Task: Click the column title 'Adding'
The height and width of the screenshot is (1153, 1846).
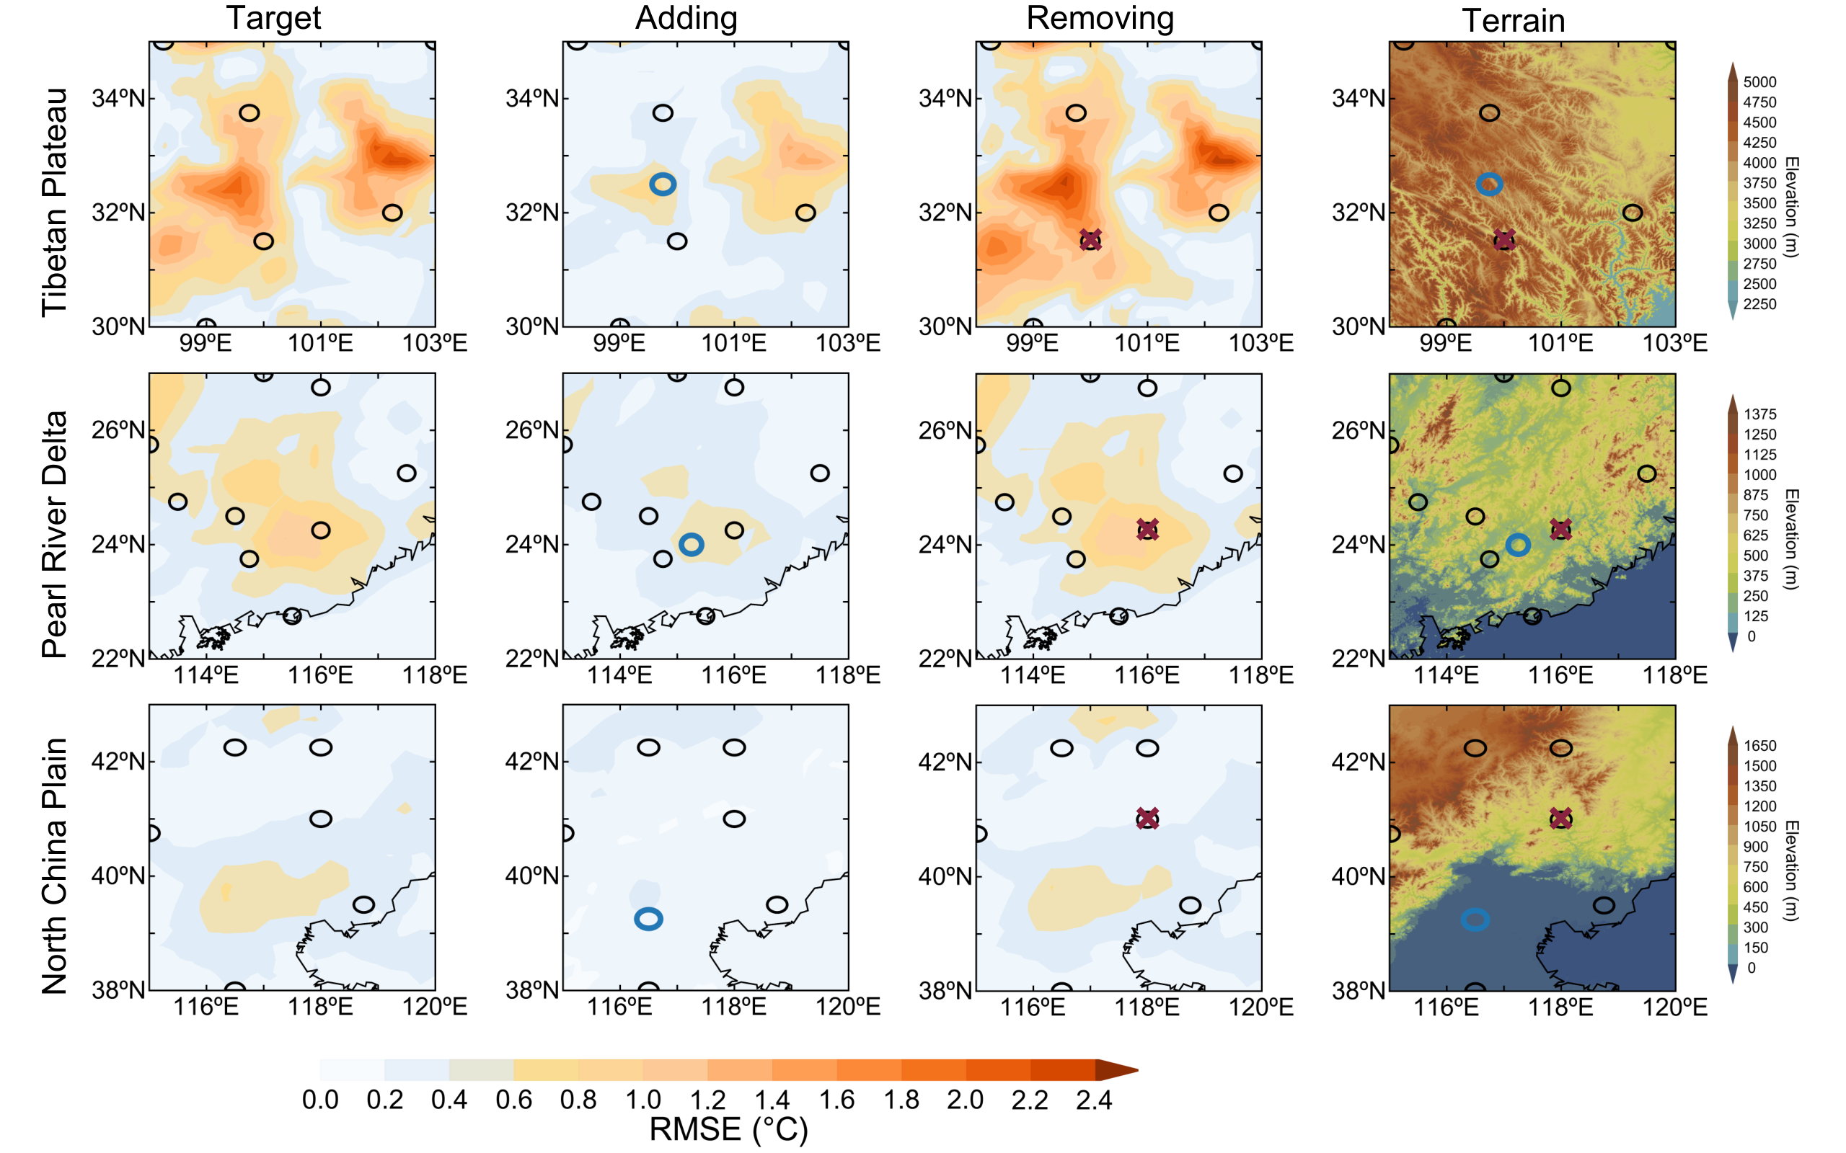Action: [x=686, y=18]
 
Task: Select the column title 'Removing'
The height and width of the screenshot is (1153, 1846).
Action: [x=1099, y=18]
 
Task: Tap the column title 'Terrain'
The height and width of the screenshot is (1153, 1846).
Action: [x=1513, y=21]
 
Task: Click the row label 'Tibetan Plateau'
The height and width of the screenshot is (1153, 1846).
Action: [x=55, y=202]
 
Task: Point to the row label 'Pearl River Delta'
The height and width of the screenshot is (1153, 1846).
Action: [x=55, y=534]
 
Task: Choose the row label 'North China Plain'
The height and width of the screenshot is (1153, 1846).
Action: [x=55, y=865]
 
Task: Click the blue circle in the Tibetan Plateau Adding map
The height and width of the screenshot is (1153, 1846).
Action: [x=663, y=184]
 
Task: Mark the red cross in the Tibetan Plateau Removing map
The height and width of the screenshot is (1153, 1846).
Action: [x=1091, y=240]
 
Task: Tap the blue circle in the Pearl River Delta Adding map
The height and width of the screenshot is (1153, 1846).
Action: [x=691, y=543]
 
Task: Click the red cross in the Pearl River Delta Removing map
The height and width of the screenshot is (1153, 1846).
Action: [x=1148, y=529]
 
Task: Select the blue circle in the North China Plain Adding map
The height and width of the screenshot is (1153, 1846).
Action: [x=648, y=919]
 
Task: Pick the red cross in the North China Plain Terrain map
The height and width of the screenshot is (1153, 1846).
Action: [x=1561, y=818]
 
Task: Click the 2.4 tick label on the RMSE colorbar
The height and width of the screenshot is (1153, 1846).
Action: [x=1094, y=1100]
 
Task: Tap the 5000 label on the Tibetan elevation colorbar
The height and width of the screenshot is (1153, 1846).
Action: [x=1759, y=82]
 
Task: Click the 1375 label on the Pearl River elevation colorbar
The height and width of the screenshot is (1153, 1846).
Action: [x=1759, y=414]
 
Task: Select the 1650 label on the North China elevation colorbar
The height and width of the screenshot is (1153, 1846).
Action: [x=1759, y=746]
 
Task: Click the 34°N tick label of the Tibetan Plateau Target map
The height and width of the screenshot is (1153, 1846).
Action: [x=118, y=99]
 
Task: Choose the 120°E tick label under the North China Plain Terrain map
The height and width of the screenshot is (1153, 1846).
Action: [x=1675, y=1007]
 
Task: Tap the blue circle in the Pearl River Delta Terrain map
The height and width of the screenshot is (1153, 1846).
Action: [x=1518, y=545]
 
